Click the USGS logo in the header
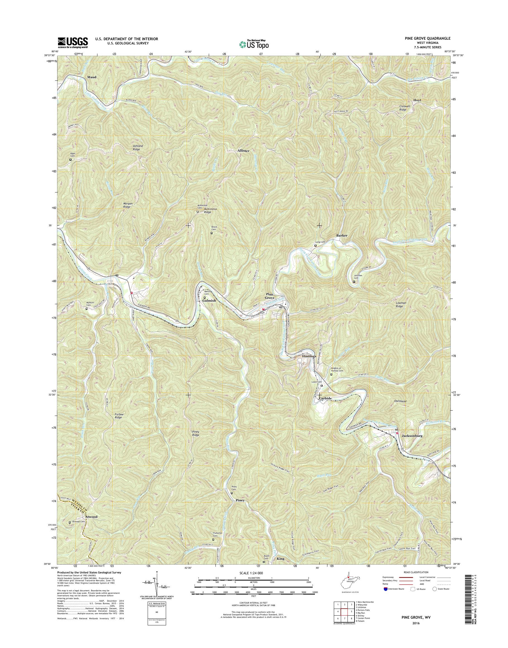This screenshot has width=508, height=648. point(73,42)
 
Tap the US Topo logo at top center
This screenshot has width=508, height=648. point(254,44)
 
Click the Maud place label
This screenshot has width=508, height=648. point(92,77)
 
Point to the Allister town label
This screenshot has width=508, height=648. point(243,151)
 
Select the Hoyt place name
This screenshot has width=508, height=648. point(417,100)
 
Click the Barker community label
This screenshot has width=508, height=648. point(342,235)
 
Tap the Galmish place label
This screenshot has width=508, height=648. point(209,301)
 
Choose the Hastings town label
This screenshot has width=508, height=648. point(309,356)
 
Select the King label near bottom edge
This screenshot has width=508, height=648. point(281,559)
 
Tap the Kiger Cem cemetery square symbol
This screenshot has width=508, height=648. point(71,159)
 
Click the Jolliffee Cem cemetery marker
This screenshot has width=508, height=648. point(354,282)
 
